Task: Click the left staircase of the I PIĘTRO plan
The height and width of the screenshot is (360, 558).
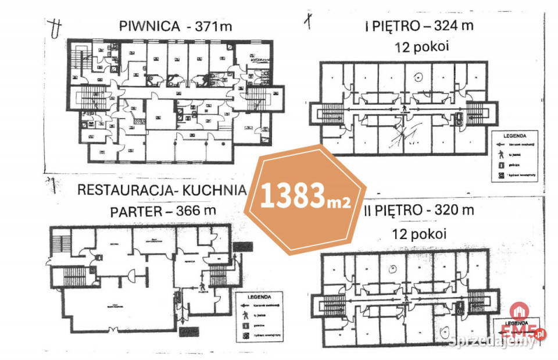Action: tap(332, 111)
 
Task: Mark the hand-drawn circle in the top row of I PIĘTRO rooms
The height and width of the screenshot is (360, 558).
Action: tap(417, 76)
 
